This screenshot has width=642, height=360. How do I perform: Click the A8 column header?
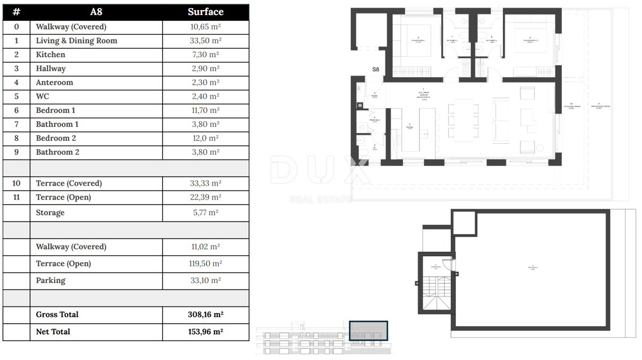96,12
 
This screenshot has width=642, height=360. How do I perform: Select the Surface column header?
205,12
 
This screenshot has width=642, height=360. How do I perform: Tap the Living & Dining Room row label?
77,41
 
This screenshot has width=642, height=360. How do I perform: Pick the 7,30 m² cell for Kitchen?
205,55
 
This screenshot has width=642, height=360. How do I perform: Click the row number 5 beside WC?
16,96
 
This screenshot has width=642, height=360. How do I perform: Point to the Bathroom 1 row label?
57,124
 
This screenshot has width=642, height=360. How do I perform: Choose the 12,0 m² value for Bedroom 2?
205,138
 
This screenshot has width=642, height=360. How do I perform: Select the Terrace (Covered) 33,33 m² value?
205,183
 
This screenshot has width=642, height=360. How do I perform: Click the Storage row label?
50,212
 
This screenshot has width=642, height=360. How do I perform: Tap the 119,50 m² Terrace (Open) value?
205,264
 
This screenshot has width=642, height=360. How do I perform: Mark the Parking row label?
51,280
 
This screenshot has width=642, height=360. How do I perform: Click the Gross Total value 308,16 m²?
205,315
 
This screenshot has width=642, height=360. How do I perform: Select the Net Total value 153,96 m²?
205,332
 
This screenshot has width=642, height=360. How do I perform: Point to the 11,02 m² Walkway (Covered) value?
205,247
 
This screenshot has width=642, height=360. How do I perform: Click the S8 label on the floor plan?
376,70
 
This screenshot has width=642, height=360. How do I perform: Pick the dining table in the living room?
464,120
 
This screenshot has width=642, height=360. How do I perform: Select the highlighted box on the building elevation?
368,331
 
